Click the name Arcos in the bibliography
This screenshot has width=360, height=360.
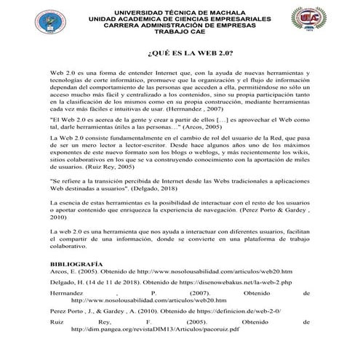pyautogui.click(x=59, y=271)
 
